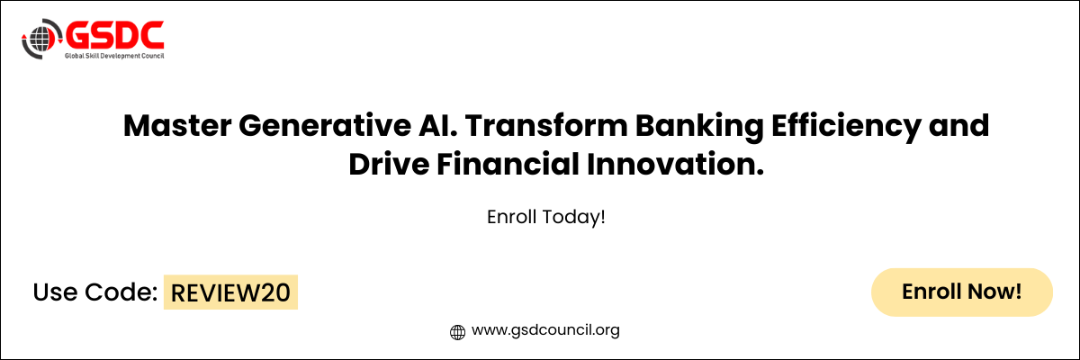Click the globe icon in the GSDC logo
41,39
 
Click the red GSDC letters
115,35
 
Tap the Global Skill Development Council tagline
115,56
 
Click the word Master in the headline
177,126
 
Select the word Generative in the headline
325,126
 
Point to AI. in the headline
437,126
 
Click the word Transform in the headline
546,126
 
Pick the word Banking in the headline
699,128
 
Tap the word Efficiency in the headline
846,128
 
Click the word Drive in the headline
389,165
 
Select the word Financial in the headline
508,165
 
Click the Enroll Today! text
545,217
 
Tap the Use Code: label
95,292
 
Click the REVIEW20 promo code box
230,292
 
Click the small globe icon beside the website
457,332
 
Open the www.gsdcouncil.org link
545,330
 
